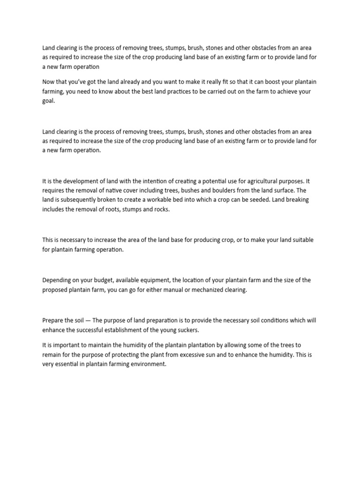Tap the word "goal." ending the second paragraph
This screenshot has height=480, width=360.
(x=49, y=101)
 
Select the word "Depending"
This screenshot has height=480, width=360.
(x=58, y=280)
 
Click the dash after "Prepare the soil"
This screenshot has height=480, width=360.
(x=88, y=321)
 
